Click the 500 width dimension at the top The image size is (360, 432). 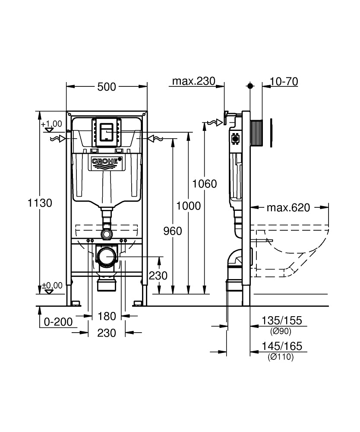click(107, 87)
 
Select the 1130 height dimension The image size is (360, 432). click(39, 203)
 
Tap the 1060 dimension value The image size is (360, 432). click(205, 184)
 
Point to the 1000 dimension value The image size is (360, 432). click(189, 206)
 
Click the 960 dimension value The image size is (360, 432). click(173, 231)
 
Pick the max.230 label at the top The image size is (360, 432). click(193, 82)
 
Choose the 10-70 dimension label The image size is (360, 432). click(284, 82)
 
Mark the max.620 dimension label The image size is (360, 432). click(288, 208)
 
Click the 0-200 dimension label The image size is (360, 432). click(57, 322)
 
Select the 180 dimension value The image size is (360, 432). click(107, 316)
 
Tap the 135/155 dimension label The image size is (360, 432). click(282, 321)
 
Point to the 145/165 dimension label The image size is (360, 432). click(282, 346)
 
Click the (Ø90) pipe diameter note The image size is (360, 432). click(281, 331)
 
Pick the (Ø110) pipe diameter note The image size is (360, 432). click(281, 357)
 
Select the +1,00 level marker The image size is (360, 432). click(52, 124)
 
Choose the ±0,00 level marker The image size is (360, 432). click(52, 286)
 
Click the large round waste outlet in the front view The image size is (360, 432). click(107, 258)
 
